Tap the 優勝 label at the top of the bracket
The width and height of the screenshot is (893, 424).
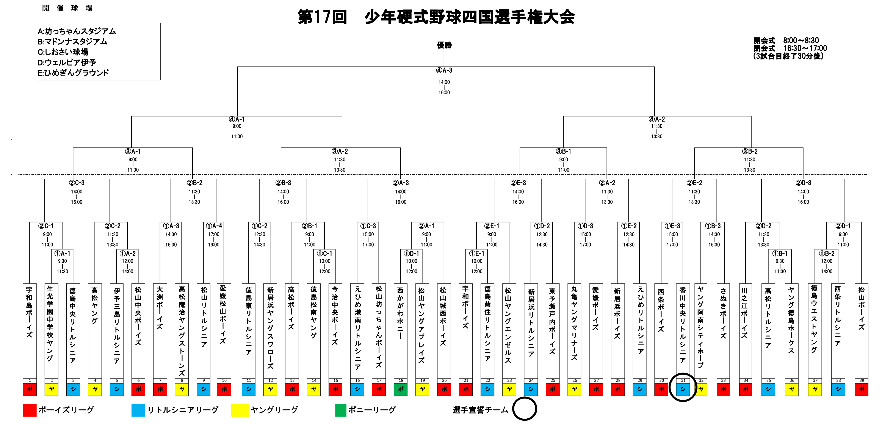444,45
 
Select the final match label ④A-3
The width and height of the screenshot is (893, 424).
444,70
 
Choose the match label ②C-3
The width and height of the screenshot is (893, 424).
77,183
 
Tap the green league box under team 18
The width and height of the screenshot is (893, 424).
401,389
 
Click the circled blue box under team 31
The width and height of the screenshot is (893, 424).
683,389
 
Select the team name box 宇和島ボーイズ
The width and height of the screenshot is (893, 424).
30,331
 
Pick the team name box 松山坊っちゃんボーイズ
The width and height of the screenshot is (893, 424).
379,331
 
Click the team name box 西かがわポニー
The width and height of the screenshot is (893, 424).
401,331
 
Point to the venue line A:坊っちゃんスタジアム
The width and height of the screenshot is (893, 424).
77,31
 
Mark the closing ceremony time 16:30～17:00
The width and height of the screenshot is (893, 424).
805,48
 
